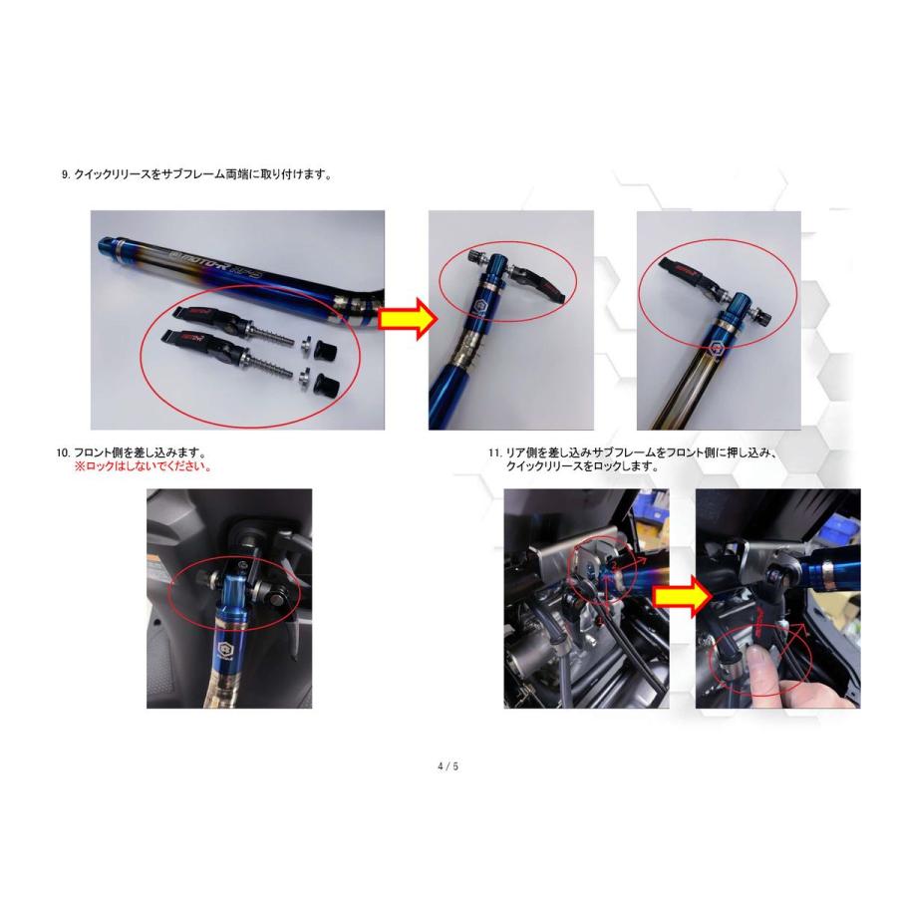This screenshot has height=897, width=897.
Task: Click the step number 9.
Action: [65, 174]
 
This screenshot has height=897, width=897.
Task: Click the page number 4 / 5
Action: [448, 766]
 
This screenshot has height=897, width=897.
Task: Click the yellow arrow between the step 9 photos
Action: [410, 319]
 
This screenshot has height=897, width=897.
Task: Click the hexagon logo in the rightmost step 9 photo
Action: [717, 350]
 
